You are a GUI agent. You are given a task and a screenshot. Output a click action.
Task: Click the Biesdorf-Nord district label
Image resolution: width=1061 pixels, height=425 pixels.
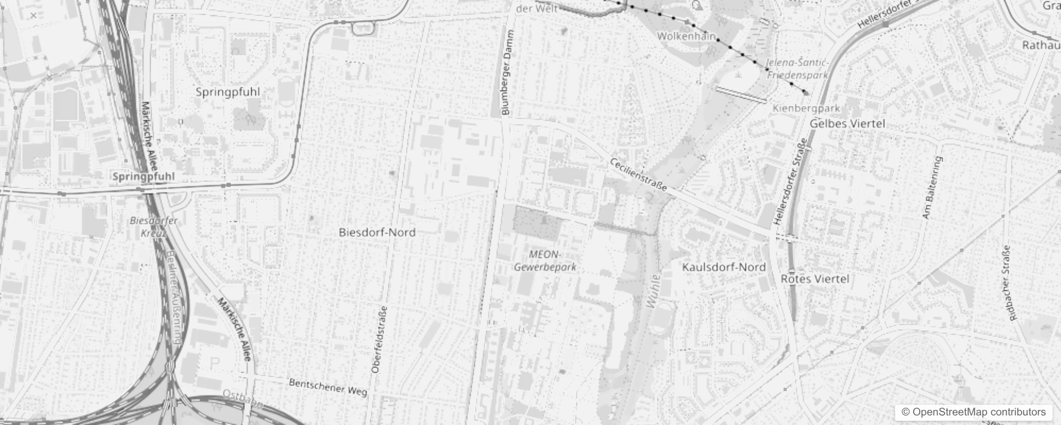point(377,232)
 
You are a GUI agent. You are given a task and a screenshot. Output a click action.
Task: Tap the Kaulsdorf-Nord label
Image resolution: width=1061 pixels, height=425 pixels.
point(723,267)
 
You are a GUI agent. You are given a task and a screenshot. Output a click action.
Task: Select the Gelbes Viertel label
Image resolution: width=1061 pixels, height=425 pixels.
point(847,123)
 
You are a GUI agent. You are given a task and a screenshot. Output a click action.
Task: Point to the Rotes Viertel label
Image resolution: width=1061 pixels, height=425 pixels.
point(814,279)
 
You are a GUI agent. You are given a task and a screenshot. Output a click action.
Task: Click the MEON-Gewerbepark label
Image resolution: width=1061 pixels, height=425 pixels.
point(545,261)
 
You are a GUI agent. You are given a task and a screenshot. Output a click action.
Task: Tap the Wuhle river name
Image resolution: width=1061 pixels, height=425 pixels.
point(653,291)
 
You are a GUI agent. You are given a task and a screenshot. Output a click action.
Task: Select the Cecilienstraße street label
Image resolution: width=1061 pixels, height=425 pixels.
point(638,175)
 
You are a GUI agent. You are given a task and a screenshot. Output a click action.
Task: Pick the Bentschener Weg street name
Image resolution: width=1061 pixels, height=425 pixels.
point(327,387)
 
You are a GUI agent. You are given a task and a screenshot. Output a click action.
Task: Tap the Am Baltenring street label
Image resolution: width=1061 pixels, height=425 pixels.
point(932,188)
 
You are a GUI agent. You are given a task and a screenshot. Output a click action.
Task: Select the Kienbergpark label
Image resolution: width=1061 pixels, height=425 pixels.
point(806,108)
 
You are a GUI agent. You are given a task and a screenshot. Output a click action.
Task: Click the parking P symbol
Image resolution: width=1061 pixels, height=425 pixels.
point(214,363)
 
